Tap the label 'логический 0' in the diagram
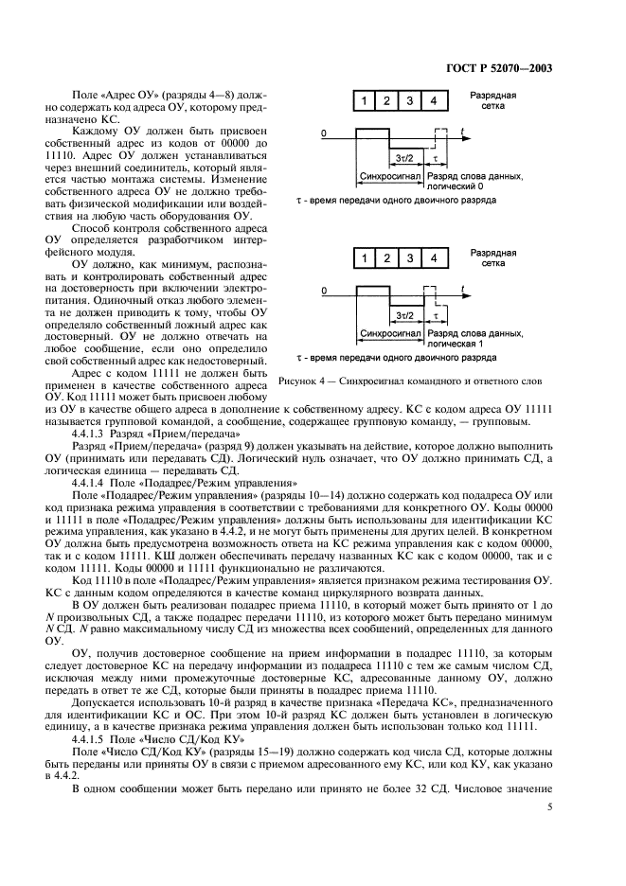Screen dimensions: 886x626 click(456, 187)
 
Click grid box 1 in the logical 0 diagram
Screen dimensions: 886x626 click(363, 101)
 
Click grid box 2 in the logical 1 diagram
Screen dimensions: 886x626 click(386, 258)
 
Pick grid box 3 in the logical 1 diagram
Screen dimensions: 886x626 click(409, 258)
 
